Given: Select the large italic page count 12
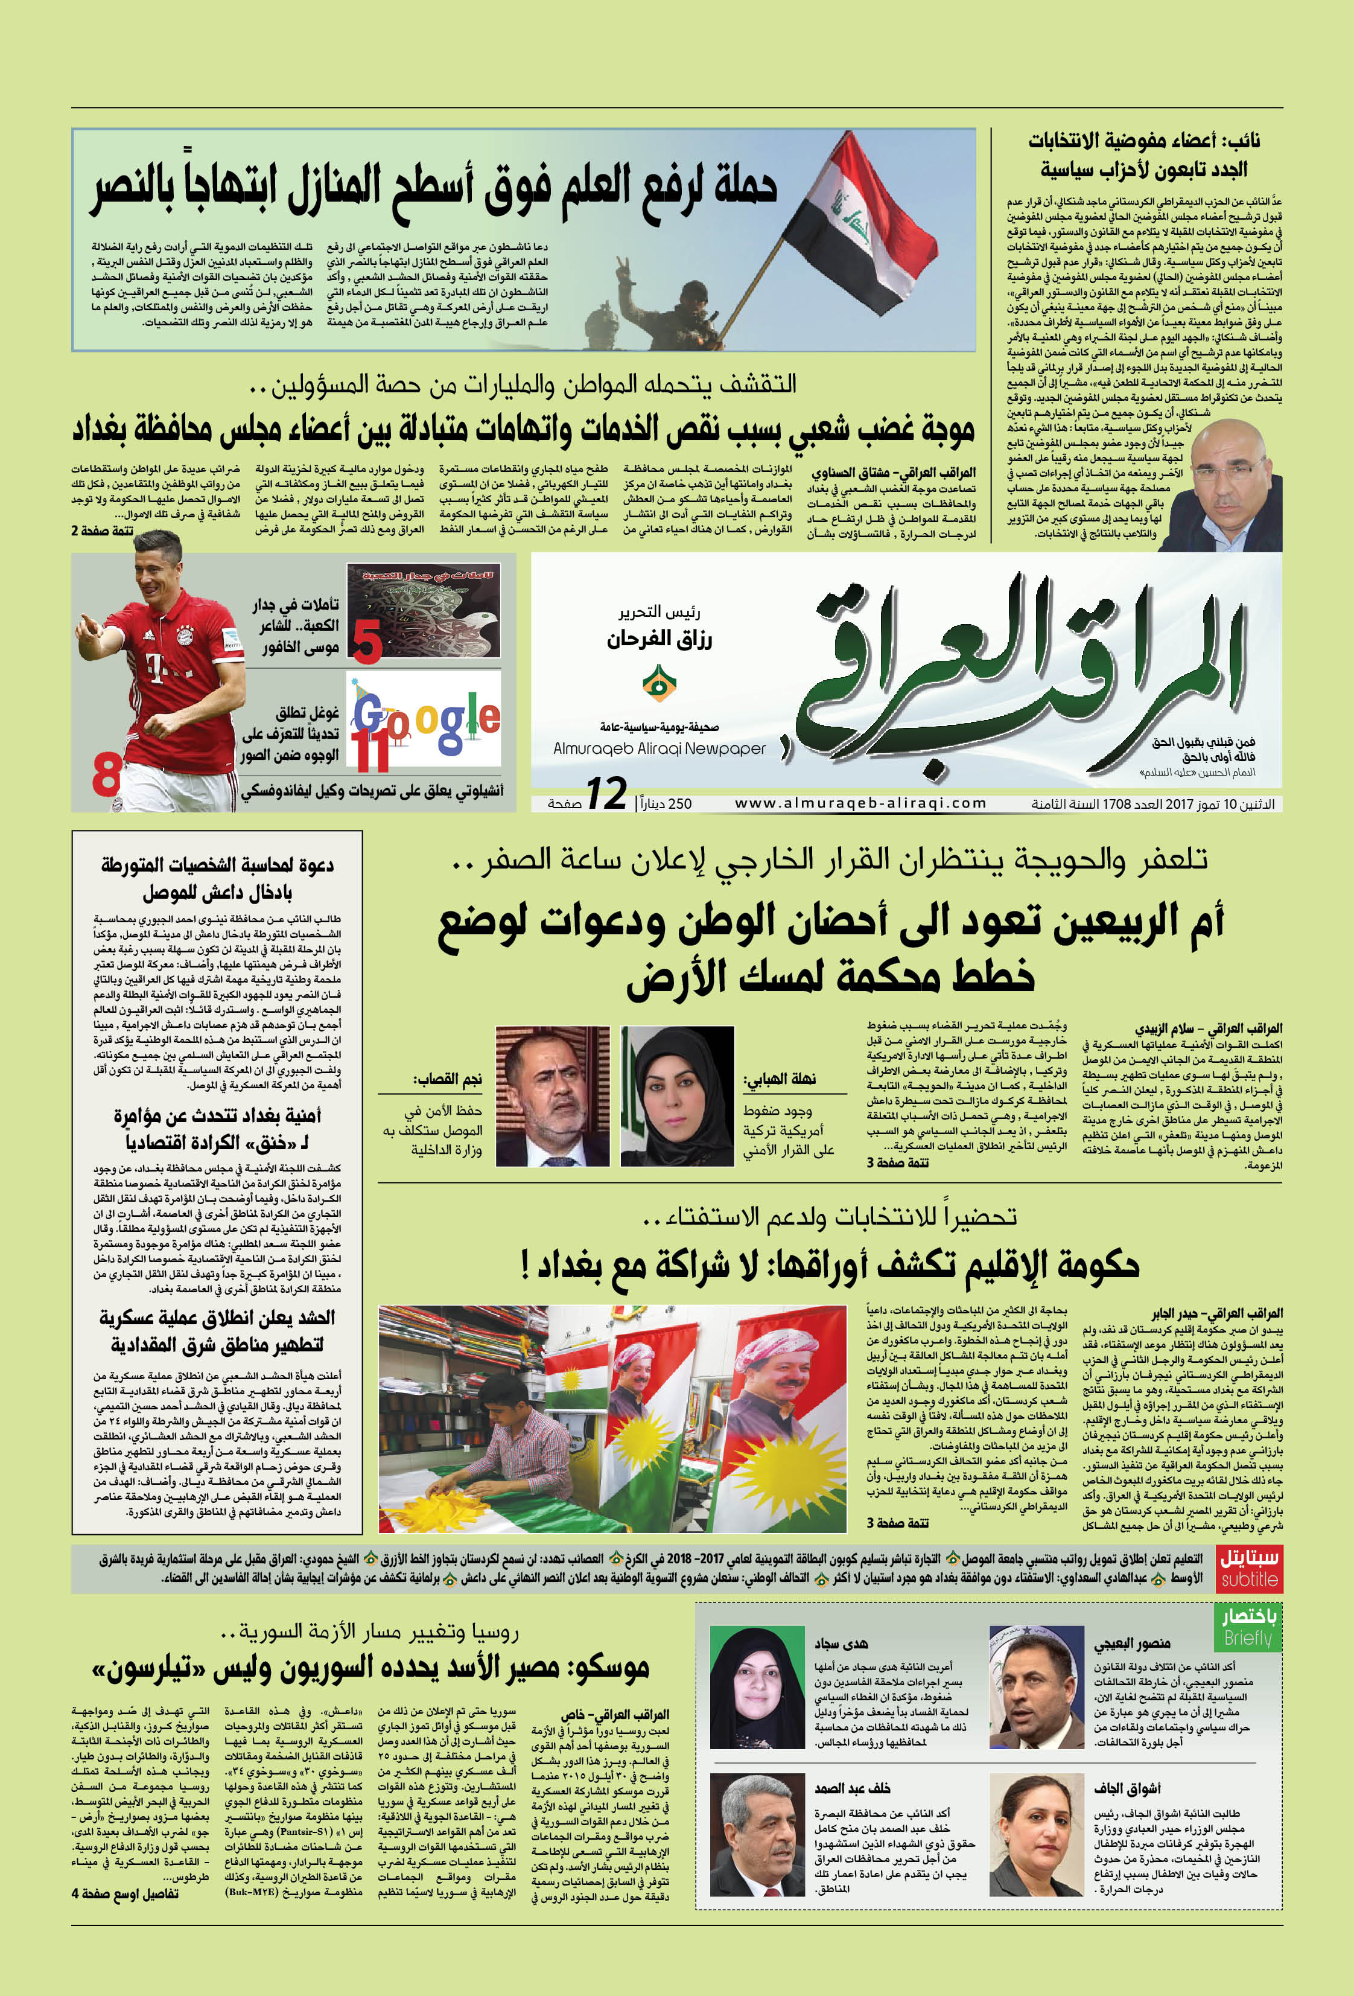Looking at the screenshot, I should [x=606, y=794].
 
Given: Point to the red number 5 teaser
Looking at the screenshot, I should [x=367, y=642].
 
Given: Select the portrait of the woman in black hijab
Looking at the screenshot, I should [x=678, y=1096].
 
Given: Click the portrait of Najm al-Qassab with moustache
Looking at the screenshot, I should [x=552, y=1096].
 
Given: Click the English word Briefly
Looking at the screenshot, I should [x=1248, y=1638].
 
